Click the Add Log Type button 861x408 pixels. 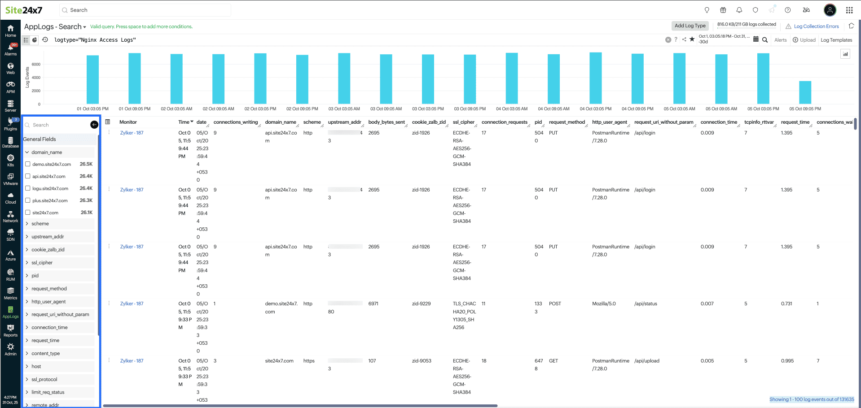(x=690, y=26)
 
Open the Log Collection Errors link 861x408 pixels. (x=816, y=26)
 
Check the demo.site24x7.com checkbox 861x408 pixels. (x=28, y=164)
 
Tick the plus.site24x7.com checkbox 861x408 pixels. (x=28, y=200)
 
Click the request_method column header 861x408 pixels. (x=567, y=122)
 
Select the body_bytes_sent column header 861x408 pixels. (x=386, y=122)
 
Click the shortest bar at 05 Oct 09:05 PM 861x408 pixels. (x=805, y=92)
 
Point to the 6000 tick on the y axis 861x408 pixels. (x=36, y=65)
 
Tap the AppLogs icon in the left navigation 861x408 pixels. (x=10, y=312)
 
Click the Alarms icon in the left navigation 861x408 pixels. (x=10, y=49)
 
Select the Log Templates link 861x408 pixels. (x=836, y=40)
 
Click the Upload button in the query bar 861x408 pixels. (x=804, y=40)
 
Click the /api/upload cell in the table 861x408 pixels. (x=646, y=361)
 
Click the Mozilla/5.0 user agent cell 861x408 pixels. (x=604, y=304)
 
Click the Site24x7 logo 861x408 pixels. (x=24, y=10)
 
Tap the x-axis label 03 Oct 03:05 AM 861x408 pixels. (x=344, y=109)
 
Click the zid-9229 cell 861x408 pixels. (x=421, y=304)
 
